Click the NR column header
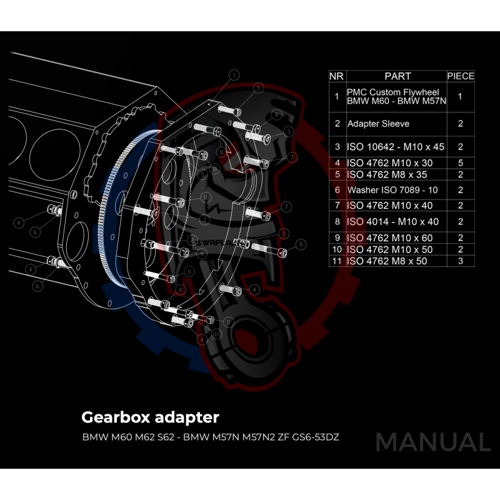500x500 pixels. (x=336, y=76)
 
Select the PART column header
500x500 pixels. (x=397, y=76)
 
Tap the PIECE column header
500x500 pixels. (x=461, y=76)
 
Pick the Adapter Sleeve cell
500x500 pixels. (x=378, y=124)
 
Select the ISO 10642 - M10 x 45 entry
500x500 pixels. (x=395, y=147)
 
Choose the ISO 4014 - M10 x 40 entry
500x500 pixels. (x=393, y=221)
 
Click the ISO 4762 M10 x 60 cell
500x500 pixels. (x=389, y=238)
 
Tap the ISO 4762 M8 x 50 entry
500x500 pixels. (x=387, y=261)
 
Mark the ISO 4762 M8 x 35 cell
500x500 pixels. (x=387, y=174)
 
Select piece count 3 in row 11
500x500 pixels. (x=461, y=261)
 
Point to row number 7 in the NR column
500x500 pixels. (x=336, y=205)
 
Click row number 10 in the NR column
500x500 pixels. (x=336, y=249)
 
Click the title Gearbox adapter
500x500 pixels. (x=151, y=416)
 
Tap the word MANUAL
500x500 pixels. (x=432, y=442)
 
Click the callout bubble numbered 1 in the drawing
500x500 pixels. (x=234, y=74)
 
